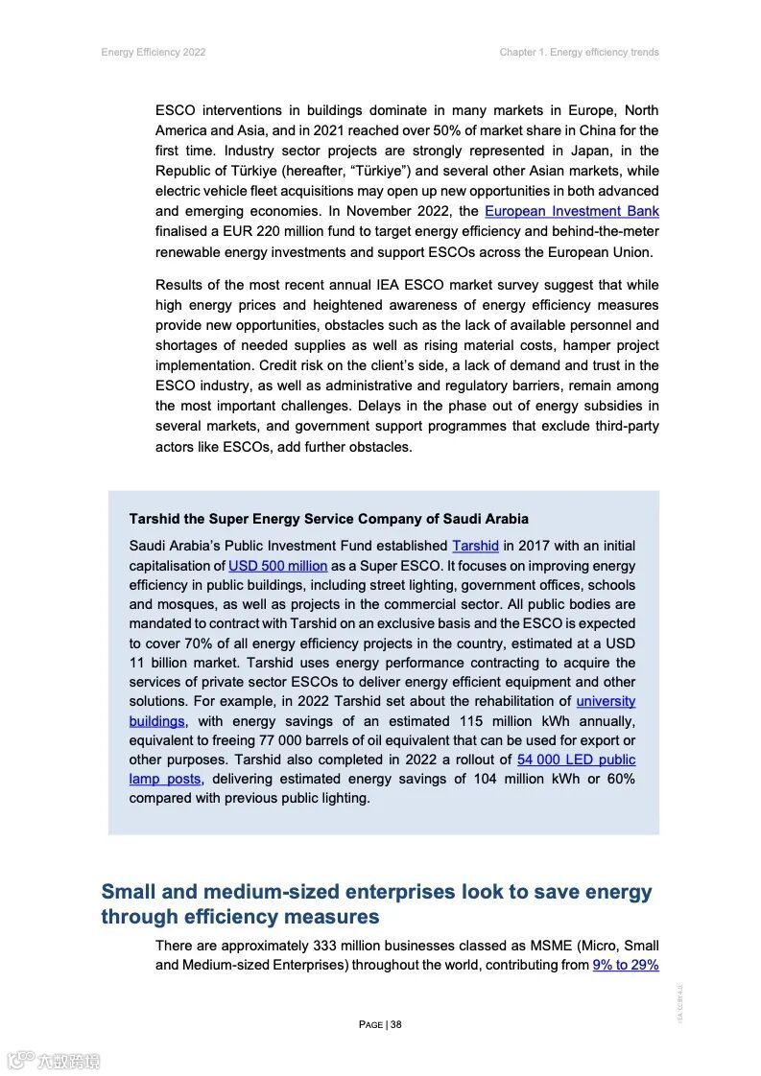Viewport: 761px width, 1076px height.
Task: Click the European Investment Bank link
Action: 571,211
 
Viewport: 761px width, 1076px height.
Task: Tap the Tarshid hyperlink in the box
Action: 475,546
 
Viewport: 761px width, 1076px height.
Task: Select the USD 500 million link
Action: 277,566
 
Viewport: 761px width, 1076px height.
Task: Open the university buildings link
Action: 605,701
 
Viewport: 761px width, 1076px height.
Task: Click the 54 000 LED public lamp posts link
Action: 576,760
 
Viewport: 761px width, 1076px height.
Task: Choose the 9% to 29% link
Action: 626,965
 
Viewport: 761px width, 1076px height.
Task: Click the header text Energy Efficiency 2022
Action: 154,52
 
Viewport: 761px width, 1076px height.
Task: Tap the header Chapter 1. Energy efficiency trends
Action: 579,52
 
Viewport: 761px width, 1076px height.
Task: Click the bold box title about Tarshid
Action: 328,519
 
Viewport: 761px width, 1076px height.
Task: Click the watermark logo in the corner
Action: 53,1060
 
